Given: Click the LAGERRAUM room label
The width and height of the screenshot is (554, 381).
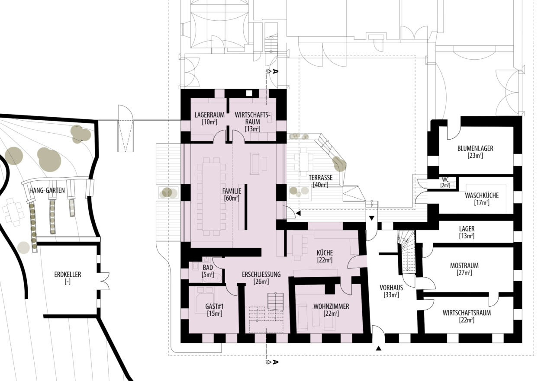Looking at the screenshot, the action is pyautogui.click(x=209, y=115).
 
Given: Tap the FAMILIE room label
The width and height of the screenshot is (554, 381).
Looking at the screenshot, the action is pyautogui.click(x=232, y=191).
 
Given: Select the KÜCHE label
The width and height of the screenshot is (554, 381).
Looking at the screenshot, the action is pyautogui.click(x=325, y=253).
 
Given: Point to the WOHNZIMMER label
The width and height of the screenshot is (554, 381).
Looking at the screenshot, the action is pyautogui.click(x=331, y=306).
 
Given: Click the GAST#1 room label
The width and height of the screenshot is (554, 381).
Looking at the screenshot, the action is pyautogui.click(x=214, y=307).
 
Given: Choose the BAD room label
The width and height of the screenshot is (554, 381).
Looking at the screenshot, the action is pyautogui.click(x=208, y=267).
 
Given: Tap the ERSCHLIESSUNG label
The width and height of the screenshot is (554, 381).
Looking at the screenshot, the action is pyautogui.click(x=261, y=275).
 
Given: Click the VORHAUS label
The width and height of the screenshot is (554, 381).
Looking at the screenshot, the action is pyautogui.click(x=391, y=288).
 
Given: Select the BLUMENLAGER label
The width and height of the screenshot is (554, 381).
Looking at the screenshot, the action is pyautogui.click(x=475, y=148).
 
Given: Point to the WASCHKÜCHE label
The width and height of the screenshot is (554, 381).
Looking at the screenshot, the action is pyautogui.click(x=482, y=195).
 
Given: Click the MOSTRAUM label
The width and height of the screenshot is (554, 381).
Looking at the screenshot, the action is pyautogui.click(x=464, y=266).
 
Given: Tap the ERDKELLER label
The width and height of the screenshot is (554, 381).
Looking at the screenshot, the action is pyautogui.click(x=68, y=275).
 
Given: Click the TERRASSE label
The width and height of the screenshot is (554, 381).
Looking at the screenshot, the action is pyautogui.click(x=321, y=178).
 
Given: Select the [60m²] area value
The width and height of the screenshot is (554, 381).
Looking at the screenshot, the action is pyautogui.click(x=232, y=198).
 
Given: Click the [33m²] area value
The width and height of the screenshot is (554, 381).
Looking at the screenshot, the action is pyautogui.click(x=391, y=295).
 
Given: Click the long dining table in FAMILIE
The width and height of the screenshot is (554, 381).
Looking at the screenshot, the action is pyautogui.click(x=212, y=197).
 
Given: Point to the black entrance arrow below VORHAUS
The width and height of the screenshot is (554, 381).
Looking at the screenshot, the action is pyautogui.click(x=378, y=349).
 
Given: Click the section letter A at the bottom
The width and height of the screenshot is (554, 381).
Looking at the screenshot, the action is pyautogui.click(x=275, y=362).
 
